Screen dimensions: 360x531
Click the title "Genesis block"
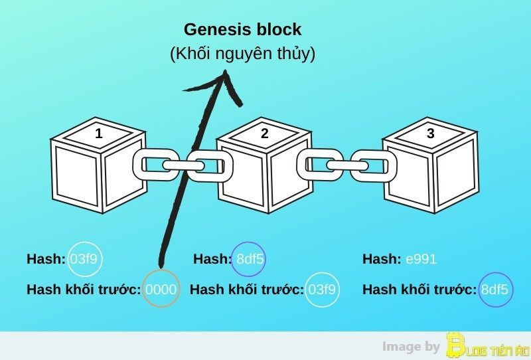click(x=242, y=29)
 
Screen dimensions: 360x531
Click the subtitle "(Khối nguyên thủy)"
click(x=242, y=54)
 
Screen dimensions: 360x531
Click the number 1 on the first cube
click(x=99, y=134)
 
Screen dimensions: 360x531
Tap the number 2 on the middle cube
click(x=265, y=134)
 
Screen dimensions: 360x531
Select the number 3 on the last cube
click(x=431, y=134)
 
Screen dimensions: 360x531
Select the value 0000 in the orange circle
click(x=161, y=290)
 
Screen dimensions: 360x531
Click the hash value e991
click(x=421, y=259)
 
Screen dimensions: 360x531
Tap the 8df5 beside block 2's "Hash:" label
click(x=250, y=259)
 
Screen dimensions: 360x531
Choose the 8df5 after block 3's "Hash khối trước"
click(x=495, y=290)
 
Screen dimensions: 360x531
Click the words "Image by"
click(x=412, y=346)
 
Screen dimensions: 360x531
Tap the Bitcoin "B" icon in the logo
click(x=455, y=346)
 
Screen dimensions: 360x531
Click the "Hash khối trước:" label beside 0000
click(x=84, y=290)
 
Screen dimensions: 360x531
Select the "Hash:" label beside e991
click(x=381, y=259)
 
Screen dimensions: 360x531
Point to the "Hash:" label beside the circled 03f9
click(x=46, y=259)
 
